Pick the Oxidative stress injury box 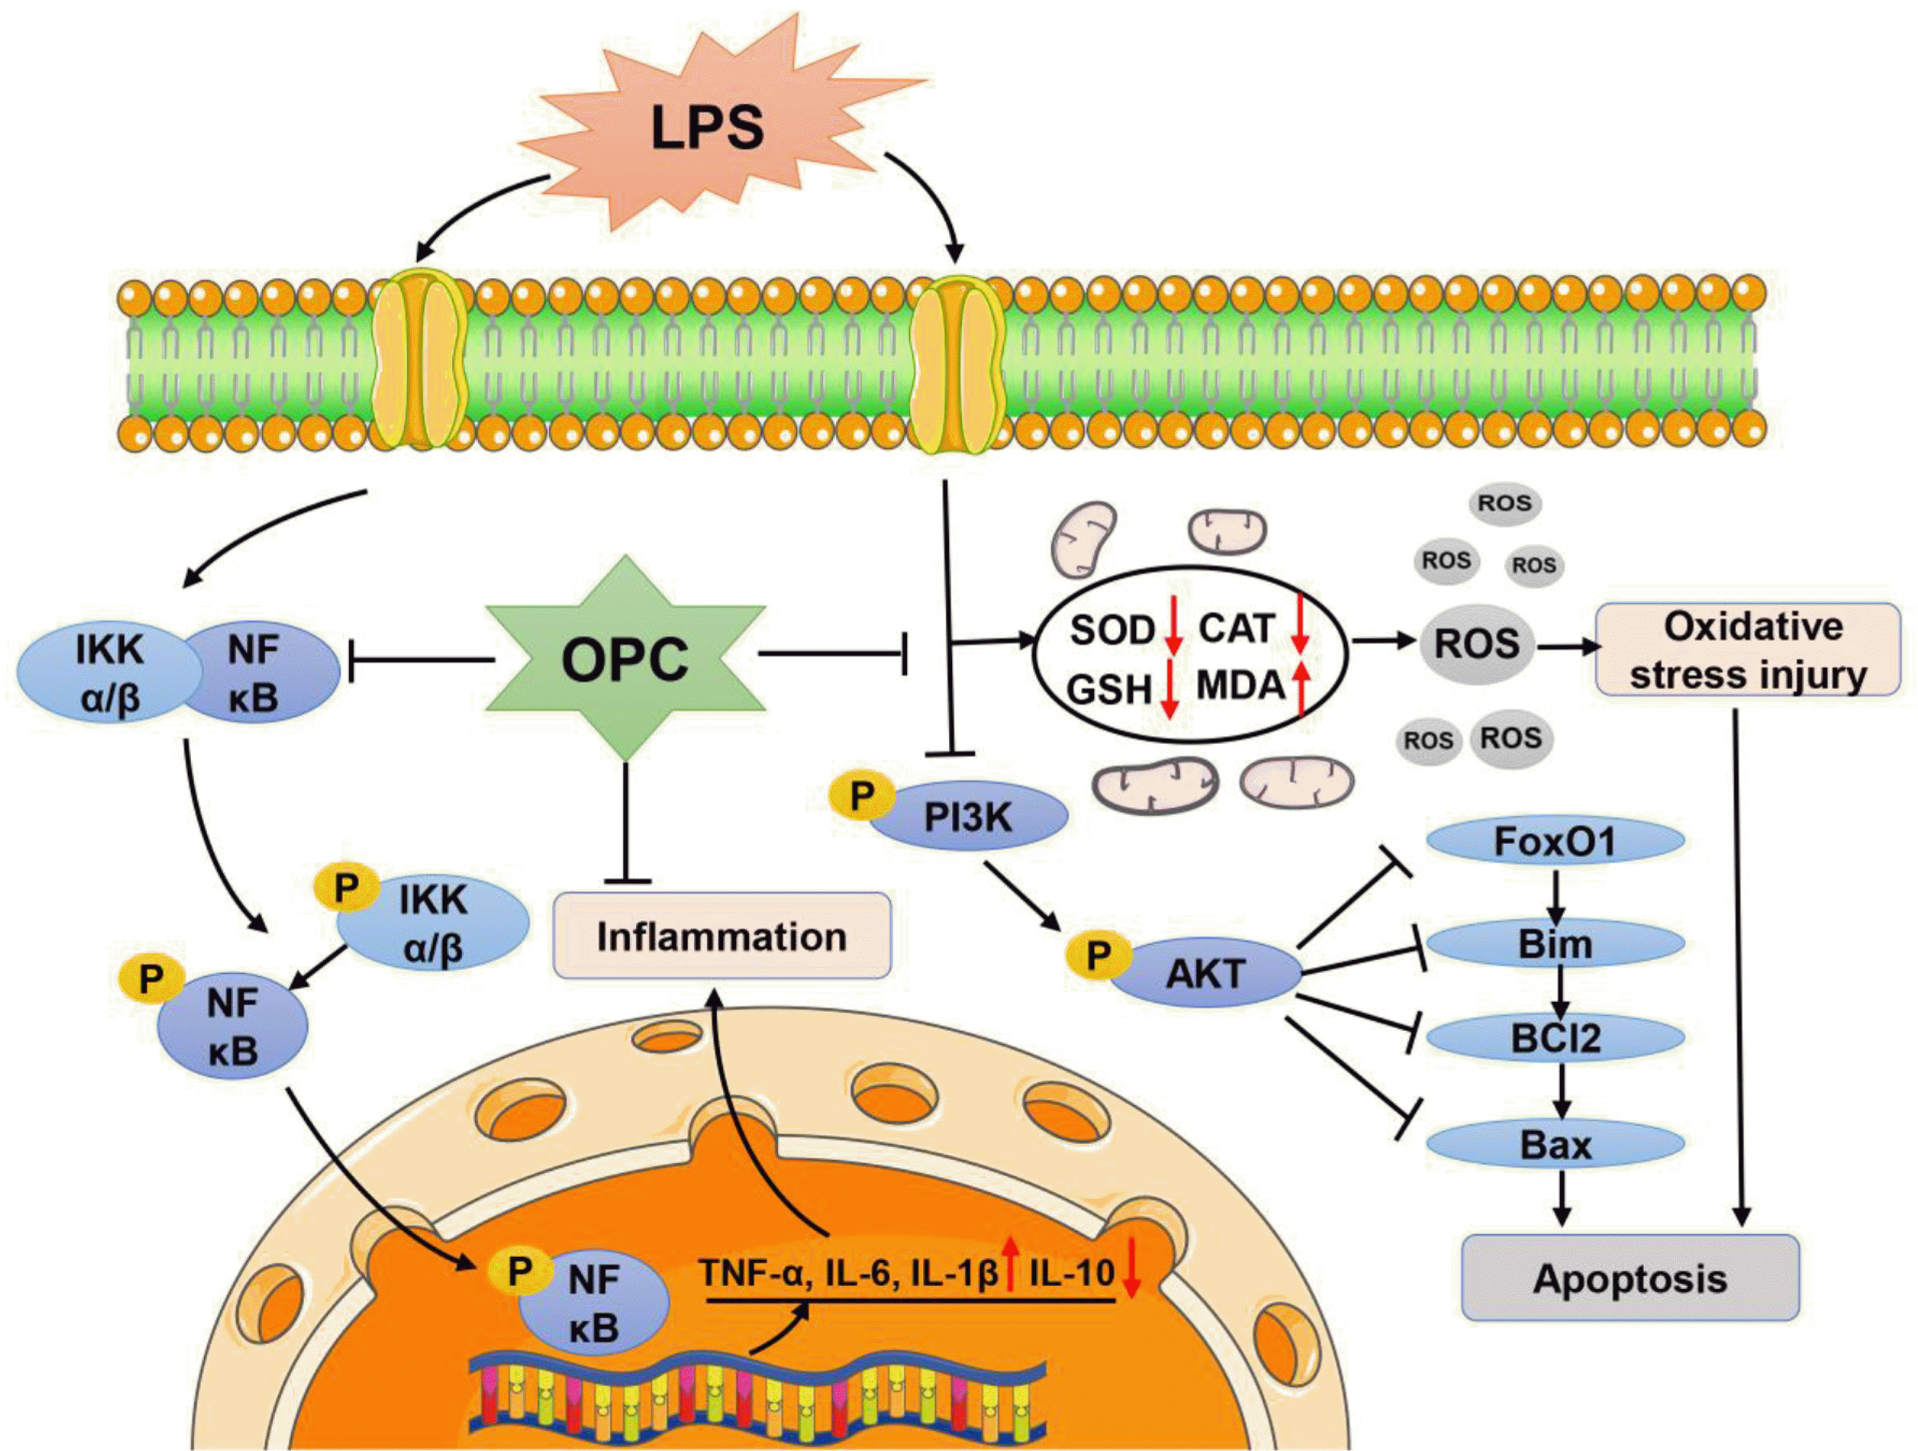1748,650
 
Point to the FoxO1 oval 1555,841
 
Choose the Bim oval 1555,944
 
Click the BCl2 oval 1555,1038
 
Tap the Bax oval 1555,1145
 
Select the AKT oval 1205,974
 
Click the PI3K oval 968,816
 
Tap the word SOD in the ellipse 1112,630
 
